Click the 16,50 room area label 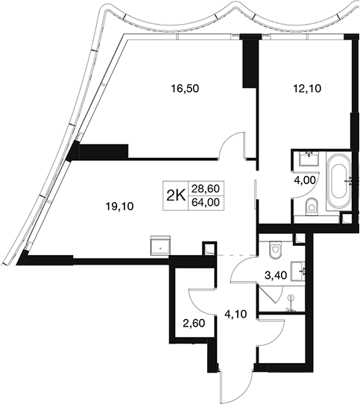click(185, 89)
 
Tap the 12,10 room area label click(307, 89)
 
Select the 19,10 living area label click(120, 206)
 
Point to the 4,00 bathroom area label click(306, 180)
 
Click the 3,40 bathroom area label click(276, 276)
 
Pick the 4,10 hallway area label click(236, 314)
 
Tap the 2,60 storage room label click(194, 323)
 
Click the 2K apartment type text click(177, 197)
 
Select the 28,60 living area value click(206, 189)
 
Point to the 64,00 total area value click(206, 202)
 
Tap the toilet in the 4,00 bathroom click(312, 206)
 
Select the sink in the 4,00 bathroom click(309, 159)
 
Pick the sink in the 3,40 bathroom click(298, 271)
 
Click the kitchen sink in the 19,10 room click(160, 245)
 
